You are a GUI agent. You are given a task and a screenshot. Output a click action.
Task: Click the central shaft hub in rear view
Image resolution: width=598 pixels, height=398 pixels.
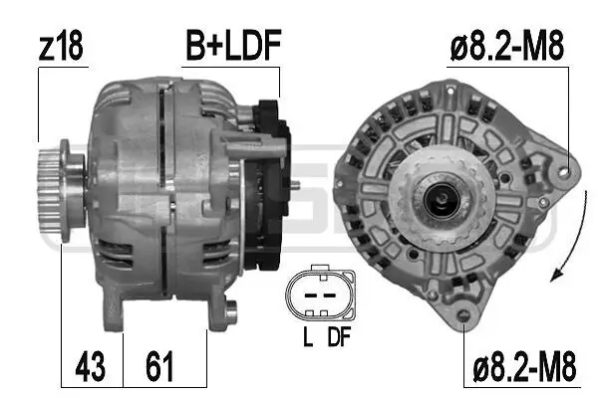(438, 202)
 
